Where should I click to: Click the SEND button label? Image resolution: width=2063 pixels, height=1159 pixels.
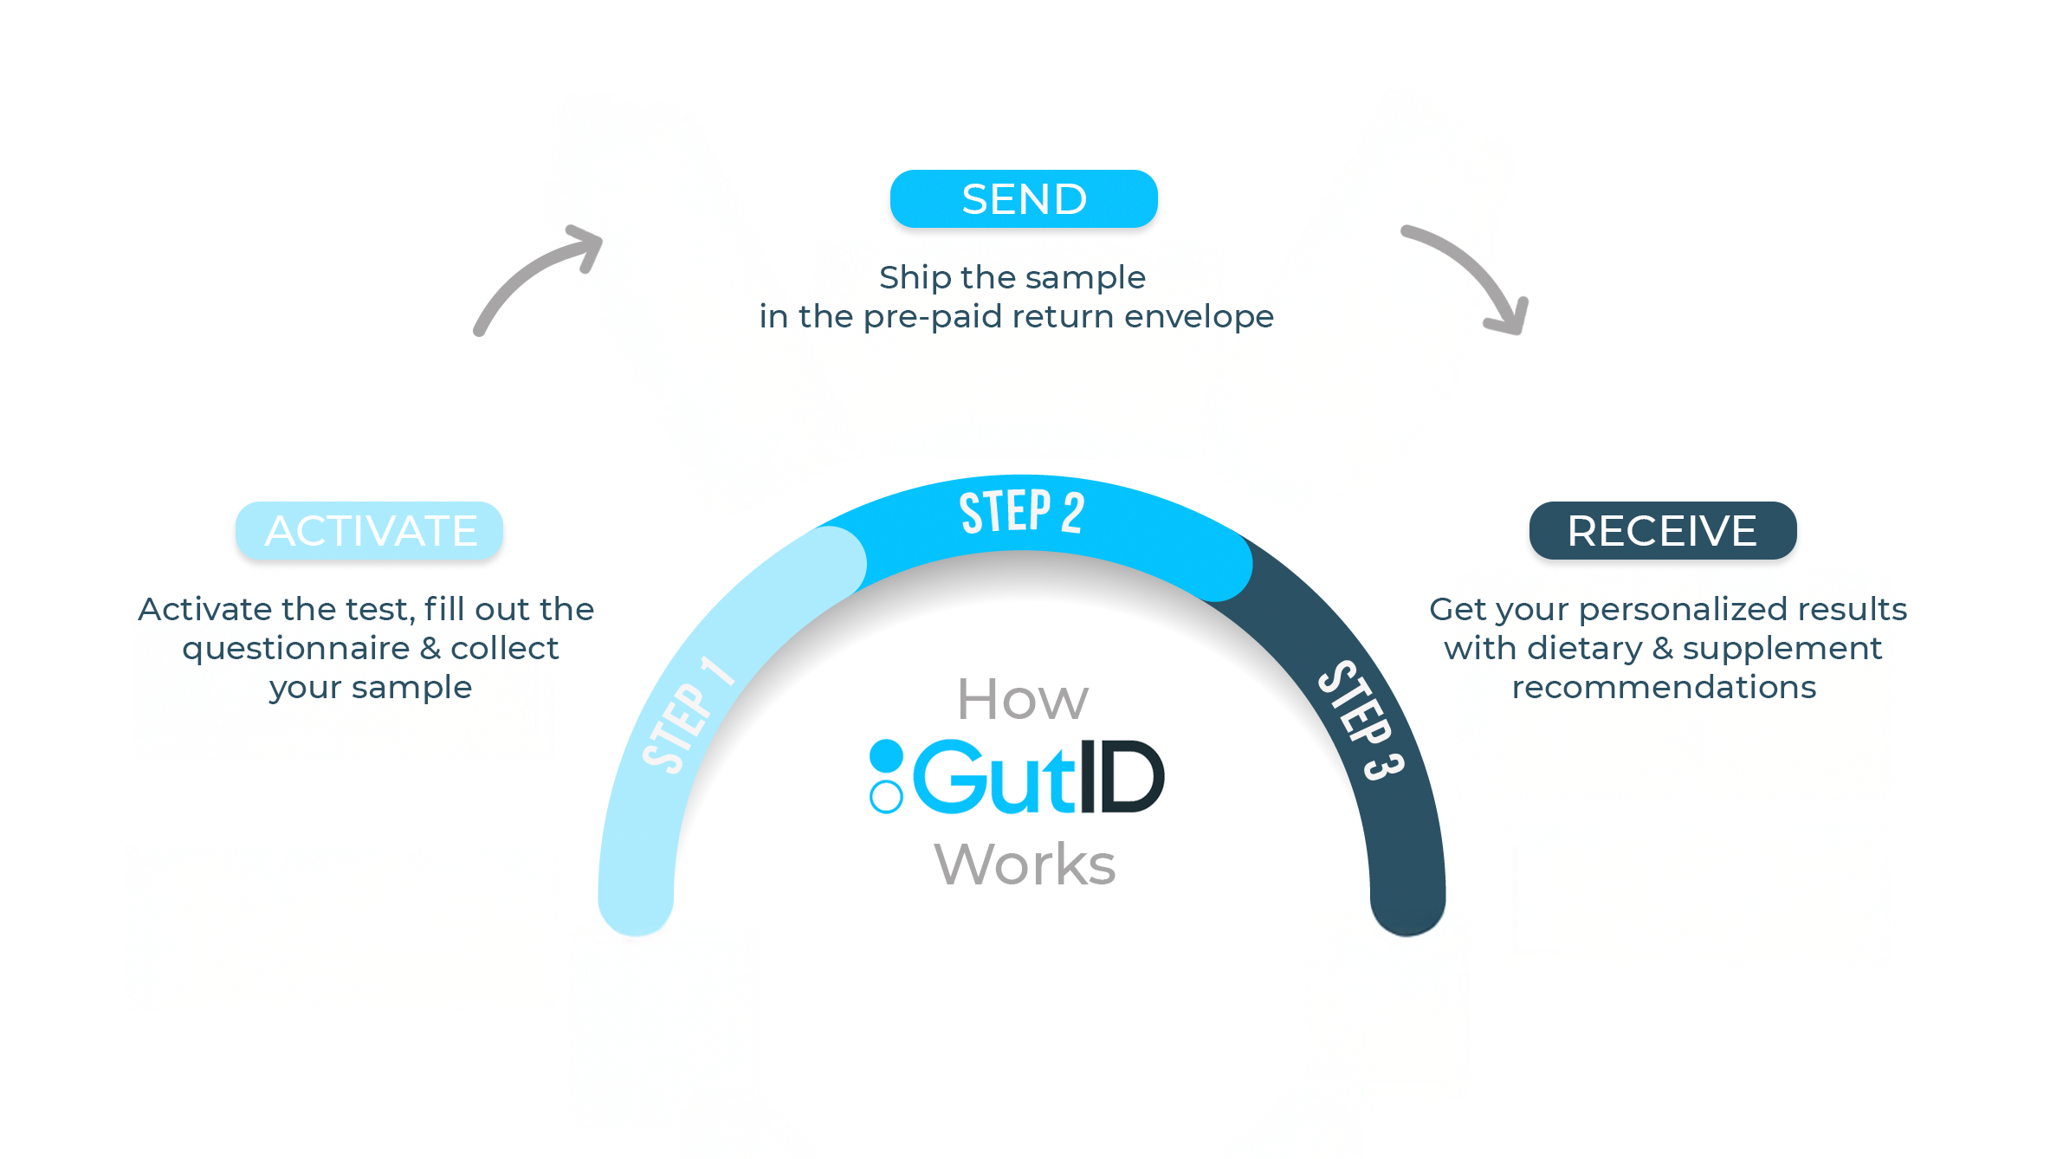point(1024,199)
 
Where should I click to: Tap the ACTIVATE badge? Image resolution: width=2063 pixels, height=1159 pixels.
point(370,530)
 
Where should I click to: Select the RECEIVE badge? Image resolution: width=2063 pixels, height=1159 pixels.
point(1662,530)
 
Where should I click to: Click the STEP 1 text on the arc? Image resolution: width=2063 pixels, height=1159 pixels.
point(687,715)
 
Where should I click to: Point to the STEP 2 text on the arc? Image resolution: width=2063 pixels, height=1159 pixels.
point(1021,512)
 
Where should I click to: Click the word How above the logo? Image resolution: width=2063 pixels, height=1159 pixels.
point(1022,699)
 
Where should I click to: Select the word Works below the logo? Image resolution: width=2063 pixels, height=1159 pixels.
point(1025,864)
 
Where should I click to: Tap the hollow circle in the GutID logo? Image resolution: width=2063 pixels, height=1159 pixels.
point(886,797)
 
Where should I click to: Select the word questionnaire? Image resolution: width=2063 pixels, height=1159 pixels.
point(296,648)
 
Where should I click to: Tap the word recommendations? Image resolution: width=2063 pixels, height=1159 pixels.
point(1664,687)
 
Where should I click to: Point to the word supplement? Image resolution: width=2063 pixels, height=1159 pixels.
point(1782,648)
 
